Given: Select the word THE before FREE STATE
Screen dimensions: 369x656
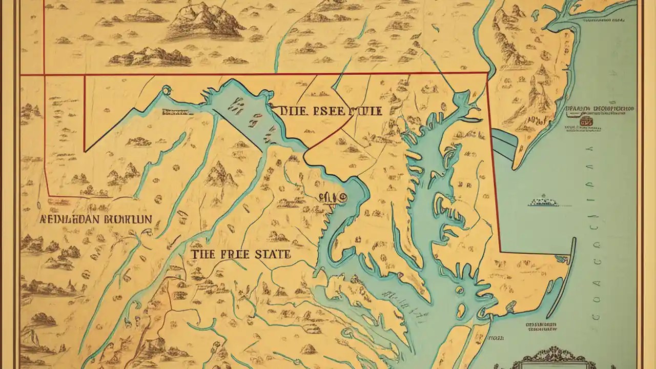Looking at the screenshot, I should (x=203, y=254).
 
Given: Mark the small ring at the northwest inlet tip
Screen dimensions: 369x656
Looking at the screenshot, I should (x=166, y=91).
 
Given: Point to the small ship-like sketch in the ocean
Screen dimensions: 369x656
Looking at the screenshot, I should (x=543, y=201).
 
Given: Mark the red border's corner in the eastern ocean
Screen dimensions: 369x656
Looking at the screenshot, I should (x=500, y=252).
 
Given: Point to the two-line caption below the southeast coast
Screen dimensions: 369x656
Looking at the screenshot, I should (x=542, y=328).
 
